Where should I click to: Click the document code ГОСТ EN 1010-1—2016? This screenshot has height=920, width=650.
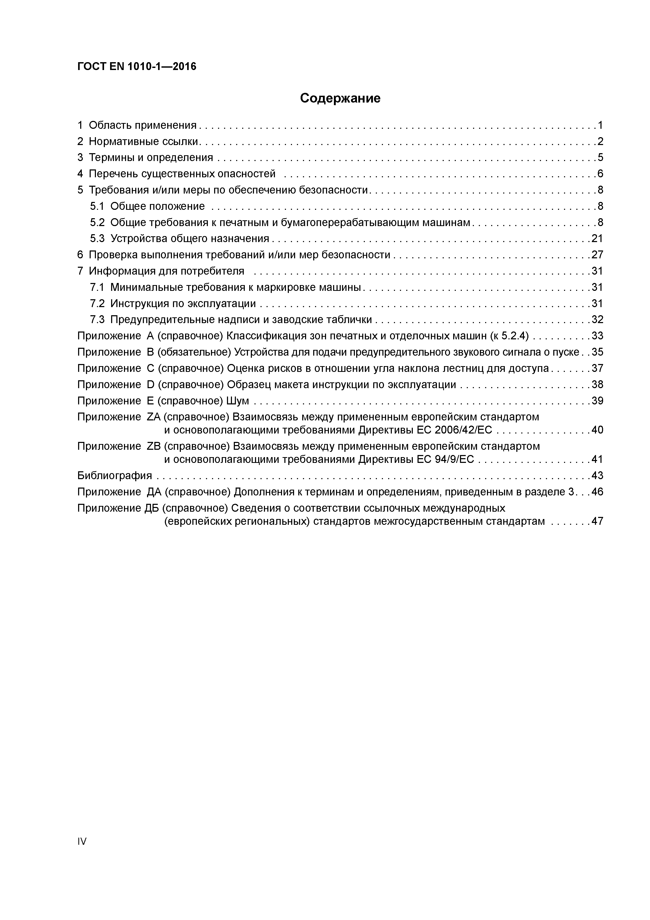137,67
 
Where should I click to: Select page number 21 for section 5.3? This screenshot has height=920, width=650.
597,239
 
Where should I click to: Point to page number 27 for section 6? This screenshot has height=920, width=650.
597,255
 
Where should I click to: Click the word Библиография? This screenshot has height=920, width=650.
115,476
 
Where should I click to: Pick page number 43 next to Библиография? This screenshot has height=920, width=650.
597,476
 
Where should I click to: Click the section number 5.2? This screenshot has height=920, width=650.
97,222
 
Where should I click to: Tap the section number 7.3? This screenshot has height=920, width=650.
97,320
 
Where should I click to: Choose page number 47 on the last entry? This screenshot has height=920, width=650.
597,522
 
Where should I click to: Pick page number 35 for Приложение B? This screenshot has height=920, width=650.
597,352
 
